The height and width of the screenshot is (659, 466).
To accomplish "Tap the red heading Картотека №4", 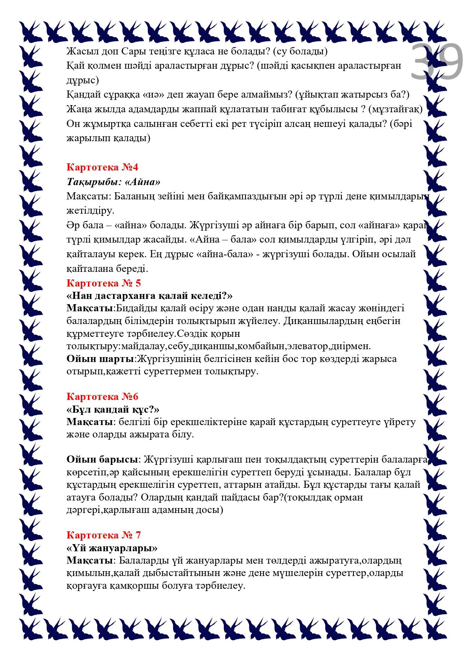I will point(103,167).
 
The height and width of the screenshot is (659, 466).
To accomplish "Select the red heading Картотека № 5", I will point(104,283).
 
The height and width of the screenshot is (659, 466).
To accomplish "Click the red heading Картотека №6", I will point(103,397).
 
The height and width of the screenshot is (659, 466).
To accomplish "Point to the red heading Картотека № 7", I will point(104,535).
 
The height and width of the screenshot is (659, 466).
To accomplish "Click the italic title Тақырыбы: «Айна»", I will point(114,182).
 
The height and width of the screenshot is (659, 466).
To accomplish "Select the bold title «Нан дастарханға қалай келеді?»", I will point(150,296).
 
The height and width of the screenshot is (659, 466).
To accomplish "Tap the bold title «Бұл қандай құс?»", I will point(113,409).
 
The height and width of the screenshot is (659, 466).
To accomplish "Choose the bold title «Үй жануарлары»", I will point(112,548).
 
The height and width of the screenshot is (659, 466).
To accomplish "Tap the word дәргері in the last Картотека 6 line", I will point(84,510).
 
